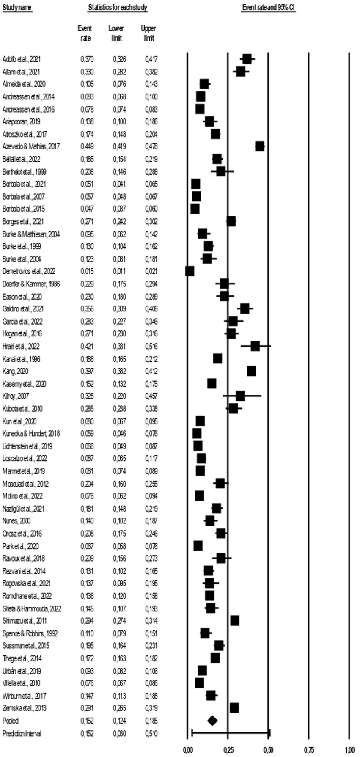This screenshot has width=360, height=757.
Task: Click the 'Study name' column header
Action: (17, 8)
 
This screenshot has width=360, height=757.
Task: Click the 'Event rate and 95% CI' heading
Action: (268, 8)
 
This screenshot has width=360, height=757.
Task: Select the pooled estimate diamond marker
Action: (212, 721)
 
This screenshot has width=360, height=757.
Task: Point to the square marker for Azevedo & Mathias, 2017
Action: (260, 146)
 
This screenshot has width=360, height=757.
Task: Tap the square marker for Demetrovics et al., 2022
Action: (190, 271)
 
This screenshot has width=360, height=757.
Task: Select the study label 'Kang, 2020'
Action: (15, 371)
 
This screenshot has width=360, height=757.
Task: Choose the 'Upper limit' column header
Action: (148, 33)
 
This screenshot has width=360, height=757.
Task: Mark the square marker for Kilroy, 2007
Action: (240, 396)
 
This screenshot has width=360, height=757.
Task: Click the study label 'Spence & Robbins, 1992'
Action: (30, 633)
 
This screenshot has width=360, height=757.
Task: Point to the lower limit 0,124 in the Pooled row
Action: (119, 721)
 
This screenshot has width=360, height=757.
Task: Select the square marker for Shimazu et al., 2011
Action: (235, 621)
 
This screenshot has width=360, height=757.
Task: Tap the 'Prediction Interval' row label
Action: (22, 733)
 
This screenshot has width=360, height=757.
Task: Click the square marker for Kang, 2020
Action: (251, 371)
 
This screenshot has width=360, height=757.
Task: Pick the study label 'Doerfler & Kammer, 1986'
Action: (31, 284)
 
